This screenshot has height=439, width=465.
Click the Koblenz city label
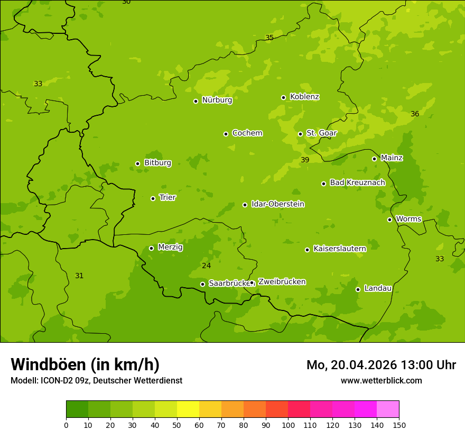point(304,97)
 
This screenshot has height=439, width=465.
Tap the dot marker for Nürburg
point(196,101)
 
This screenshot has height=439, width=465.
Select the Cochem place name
point(247,133)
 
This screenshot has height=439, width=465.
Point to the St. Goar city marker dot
point(300,134)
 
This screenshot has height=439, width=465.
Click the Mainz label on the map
point(392,158)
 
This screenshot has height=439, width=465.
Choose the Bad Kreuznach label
point(357,182)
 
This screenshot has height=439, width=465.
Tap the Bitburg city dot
point(137,163)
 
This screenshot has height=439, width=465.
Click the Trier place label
point(168,197)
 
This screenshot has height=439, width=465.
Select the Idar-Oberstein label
point(277,204)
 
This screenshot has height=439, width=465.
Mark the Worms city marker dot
point(389,219)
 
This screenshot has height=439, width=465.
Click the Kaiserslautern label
point(339,249)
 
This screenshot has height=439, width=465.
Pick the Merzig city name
point(170,247)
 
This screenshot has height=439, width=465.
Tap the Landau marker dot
point(358,289)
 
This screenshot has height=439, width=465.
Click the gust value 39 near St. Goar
point(305,160)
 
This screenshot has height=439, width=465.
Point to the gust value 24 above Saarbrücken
point(206,266)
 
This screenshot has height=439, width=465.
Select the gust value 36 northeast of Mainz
point(415,114)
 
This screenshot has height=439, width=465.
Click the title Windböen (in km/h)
point(85,364)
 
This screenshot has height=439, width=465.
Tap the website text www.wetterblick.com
point(381,380)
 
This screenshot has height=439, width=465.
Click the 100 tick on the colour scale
point(288,425)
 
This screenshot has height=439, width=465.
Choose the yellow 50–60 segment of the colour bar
point(188,409)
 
